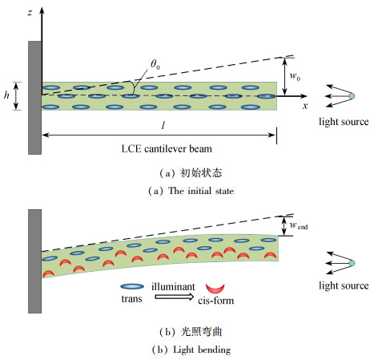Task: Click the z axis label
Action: click(x=30, y=12)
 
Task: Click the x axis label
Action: click(x=305, y=106)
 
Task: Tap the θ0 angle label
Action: click(x=155, y=64)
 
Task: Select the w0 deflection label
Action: click(x=295, y=76)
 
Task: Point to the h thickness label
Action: click(x=6, y=95)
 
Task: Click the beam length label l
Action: click(x=163, y=125)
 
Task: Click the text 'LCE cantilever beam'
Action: click(x=167, y=148)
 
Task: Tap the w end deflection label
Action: click(x=299, y=226)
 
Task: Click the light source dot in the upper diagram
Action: click(x=352, y=96)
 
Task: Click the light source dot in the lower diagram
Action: click(x=352, y=263)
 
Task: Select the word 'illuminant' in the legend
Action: click(x=173, y=286)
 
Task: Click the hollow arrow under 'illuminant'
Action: click(x=175, y=297)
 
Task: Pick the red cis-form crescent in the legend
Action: click(x=215, y=289)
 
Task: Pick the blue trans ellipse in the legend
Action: click(x=132, y=286)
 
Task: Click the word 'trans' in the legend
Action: click(x=131, y=298)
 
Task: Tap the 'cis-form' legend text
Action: click(x=216, y=301)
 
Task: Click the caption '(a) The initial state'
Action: click(x=191, y=191)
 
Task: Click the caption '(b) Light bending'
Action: click(x=191, y=350)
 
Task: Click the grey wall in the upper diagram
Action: click(x=34, y=98)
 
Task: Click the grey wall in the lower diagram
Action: click(x=34, y=261)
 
